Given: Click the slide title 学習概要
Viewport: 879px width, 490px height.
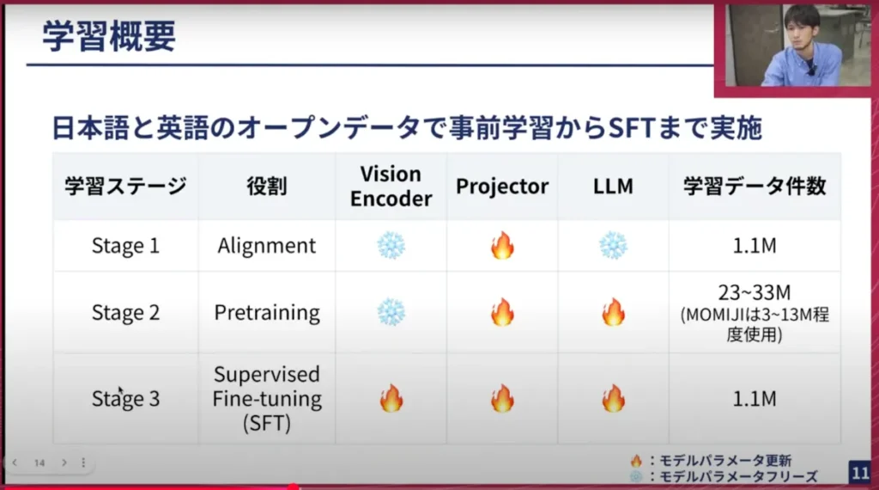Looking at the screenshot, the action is click(109, 36).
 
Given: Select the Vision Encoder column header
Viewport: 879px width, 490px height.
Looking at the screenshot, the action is click(391, 186).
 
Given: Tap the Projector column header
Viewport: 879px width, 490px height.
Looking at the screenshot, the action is click(501, 187).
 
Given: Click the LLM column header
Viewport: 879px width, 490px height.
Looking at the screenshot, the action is click(613, 187).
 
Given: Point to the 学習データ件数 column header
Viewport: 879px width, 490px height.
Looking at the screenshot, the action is click(755, 187).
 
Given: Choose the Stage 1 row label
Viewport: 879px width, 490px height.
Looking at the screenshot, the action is click(125, 246).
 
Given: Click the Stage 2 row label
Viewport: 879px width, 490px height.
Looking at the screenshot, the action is click(125, 312).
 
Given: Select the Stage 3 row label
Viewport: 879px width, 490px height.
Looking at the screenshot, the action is click(125, 399).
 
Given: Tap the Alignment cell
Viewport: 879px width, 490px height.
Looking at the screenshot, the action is click(267, 246).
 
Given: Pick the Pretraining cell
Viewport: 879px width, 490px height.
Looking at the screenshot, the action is click(267, 312).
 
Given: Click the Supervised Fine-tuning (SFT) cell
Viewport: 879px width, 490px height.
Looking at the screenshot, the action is click(267, 399).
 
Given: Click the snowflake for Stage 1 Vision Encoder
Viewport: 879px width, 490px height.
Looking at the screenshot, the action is click(391, 245).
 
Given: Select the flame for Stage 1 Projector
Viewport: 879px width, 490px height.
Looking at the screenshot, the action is click(501, 245).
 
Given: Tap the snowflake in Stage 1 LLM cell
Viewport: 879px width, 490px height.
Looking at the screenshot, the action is click(613, 245).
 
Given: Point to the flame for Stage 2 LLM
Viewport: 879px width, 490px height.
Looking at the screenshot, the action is click(613, 311).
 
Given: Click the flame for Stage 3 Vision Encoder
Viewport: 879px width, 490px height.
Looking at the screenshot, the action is click(391, 398).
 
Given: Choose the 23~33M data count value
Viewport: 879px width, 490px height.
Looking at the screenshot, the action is click(755, 293).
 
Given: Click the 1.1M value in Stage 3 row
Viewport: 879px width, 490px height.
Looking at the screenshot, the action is click(755, 399).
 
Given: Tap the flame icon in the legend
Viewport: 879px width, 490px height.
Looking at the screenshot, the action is click(636, 461).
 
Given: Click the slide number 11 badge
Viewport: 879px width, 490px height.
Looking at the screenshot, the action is click(860, 472).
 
